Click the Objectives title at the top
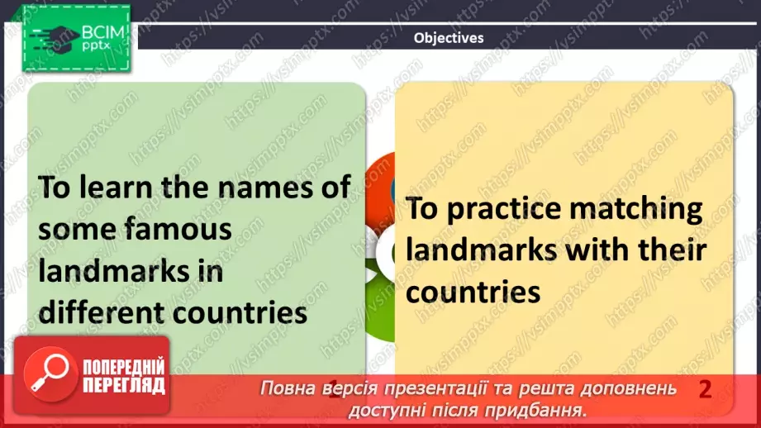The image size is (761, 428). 449,38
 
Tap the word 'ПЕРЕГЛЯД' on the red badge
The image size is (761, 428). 124,386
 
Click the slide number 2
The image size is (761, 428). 705,389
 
